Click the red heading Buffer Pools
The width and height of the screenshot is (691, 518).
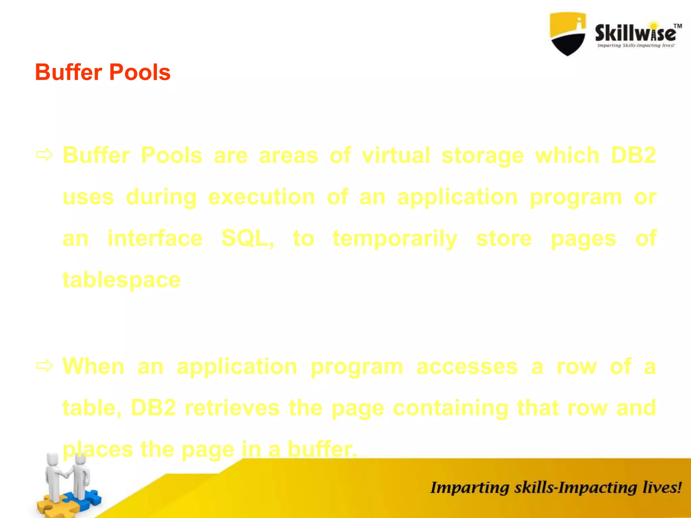[x=103, y=72]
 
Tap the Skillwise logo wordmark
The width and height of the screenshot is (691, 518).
[x=635, y=34]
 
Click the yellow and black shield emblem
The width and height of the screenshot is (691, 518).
[x=568, y=34]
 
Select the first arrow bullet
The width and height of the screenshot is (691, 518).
[x=45, y=155]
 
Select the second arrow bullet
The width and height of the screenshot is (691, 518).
[x=45, y=366]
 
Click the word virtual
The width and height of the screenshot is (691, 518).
[x=396, y=155]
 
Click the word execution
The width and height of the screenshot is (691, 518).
[x=261, y=197]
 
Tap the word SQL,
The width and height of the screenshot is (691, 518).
[x=248, y=238]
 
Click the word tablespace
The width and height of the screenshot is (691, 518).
[x=121, y=280]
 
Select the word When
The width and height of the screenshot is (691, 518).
[x=93, y=366]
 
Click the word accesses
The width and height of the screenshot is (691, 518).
[x=467, y=367]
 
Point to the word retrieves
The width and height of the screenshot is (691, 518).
[x=232, y=408]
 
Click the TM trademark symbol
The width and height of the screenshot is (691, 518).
[x=678, y=26]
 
